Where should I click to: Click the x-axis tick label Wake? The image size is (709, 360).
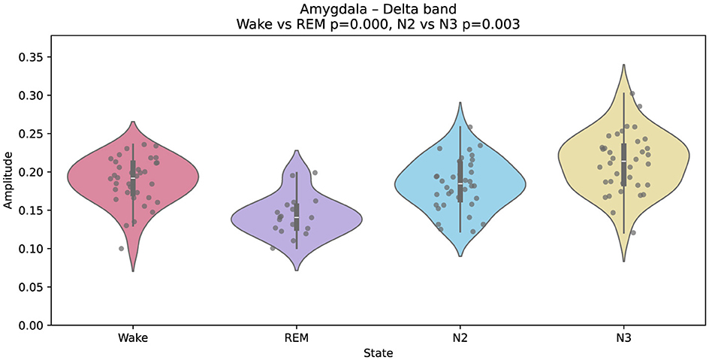click(132, 339)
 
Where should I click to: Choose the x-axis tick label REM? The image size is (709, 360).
click(296, 339)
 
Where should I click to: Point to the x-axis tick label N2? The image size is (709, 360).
click(460, 339)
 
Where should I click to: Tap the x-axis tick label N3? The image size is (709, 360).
click(623, 339)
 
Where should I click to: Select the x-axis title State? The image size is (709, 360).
click(378, 352)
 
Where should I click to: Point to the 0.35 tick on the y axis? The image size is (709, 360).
click(36, 57)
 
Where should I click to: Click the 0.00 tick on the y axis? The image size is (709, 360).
click(36, 325)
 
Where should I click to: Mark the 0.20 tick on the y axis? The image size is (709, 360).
click(36, 172)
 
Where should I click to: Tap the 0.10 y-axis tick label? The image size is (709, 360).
click(36, 249)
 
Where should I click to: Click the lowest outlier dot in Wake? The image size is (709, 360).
click(121, 249)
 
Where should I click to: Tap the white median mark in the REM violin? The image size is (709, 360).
click(296, 216)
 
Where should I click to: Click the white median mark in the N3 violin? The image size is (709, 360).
click(623, 162)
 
